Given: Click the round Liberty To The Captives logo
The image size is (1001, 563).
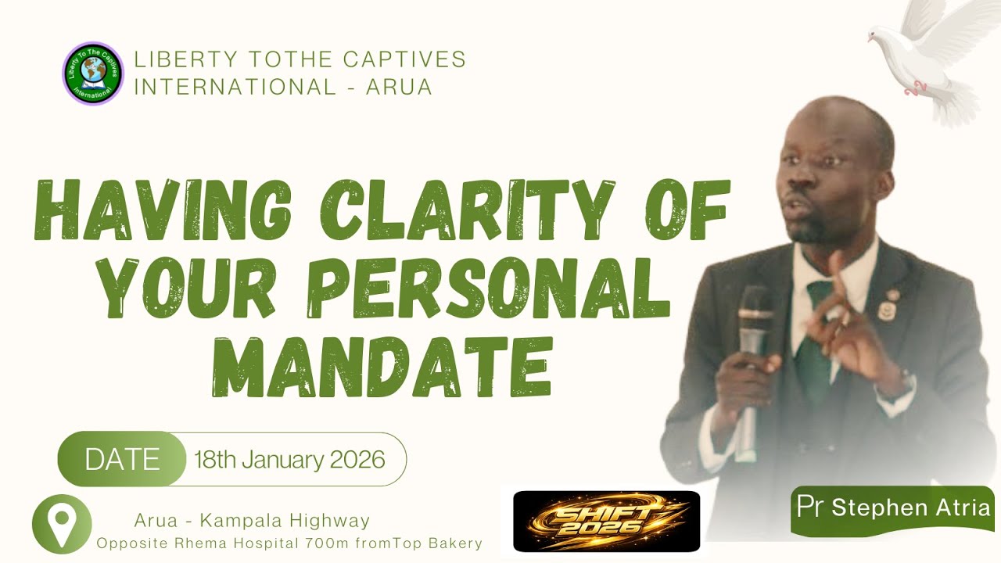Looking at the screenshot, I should tap(93, 74).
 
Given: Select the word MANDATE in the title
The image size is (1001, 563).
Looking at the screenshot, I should tap(382, 364).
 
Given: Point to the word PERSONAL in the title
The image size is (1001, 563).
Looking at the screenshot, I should tap(489, 288).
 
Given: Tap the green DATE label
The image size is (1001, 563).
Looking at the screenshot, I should tap(122, 459).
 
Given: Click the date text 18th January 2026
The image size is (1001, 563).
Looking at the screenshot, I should tap(289, 459).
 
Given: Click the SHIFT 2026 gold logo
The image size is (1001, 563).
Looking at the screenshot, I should tap(606, 521).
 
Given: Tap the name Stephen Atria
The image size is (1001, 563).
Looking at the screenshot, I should tap(911, 508).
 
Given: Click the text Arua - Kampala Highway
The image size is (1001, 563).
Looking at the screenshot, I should tap(252, 520).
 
